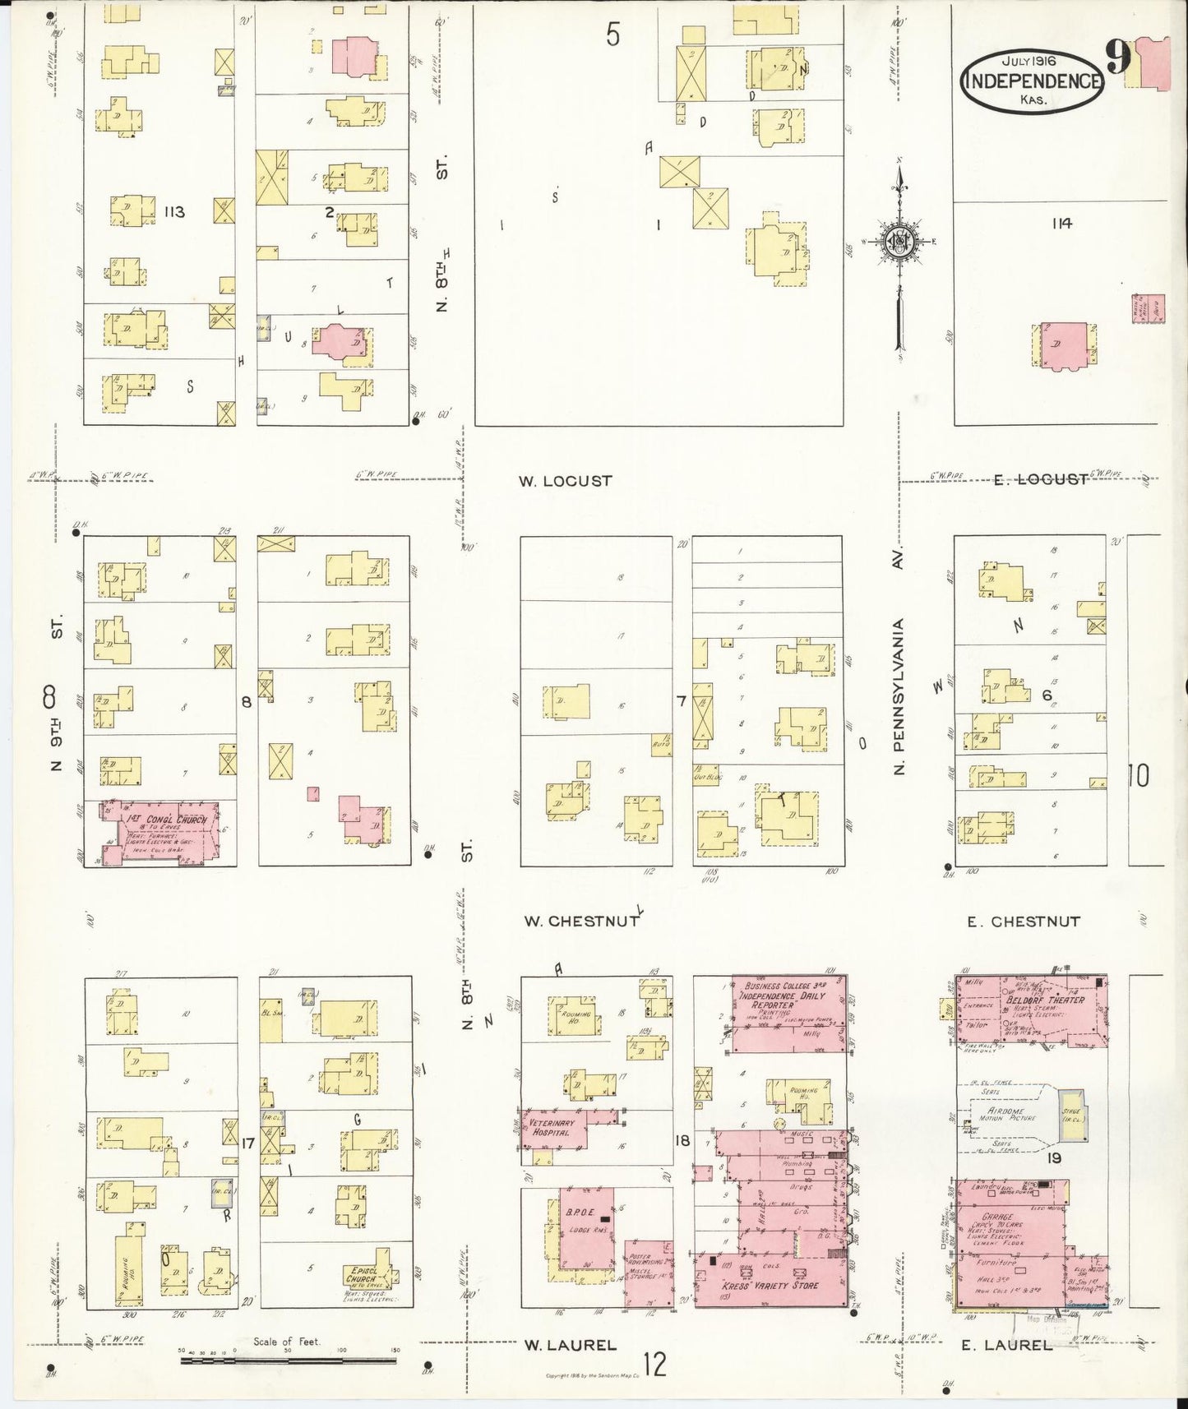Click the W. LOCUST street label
565,481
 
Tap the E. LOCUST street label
1040,479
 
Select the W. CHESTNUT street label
581,922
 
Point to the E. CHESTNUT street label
1023,922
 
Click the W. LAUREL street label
570,1346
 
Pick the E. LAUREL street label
1006,1346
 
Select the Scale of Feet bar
288,1360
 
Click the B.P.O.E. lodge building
586,1227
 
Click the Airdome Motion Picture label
1010,1114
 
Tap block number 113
173,212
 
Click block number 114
1061,223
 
